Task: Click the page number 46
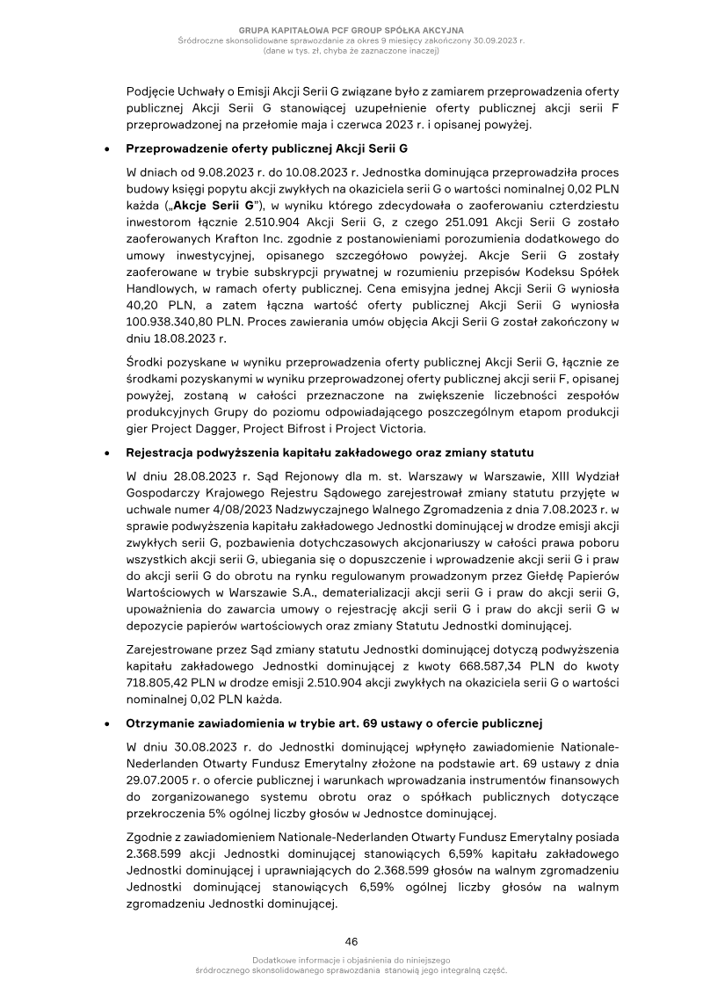coord(351,940)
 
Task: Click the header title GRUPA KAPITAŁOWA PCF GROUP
coord(351,31)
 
